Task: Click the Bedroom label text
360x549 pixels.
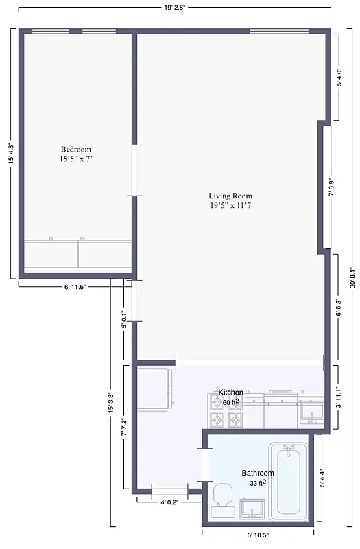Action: [75, 150]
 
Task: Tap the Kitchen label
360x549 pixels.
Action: [230, 393]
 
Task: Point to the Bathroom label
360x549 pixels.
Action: [257, 474]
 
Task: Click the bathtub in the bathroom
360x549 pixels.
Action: [289, 482]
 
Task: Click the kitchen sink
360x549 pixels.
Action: [312, 412]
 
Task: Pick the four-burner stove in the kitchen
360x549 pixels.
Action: [226, 410]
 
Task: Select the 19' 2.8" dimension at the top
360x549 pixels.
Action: [175, 8]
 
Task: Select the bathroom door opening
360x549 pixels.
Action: [204, 465]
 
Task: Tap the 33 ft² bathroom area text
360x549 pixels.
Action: [258, 484]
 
